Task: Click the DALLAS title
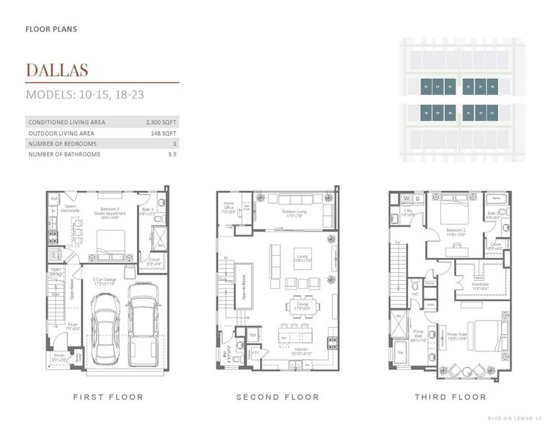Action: (x=56, y=70)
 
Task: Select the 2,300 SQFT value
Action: (x=161, y=122)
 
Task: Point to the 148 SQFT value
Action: (x=164, y=133)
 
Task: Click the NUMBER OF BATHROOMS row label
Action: (x=64, y=154)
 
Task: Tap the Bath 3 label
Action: (x=148, y=212)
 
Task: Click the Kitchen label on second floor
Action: (x=301, y=351)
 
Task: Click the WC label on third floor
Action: (x=414, y=294)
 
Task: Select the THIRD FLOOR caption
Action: (x=450, y=397)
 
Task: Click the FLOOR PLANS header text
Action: (x=51, y=30)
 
